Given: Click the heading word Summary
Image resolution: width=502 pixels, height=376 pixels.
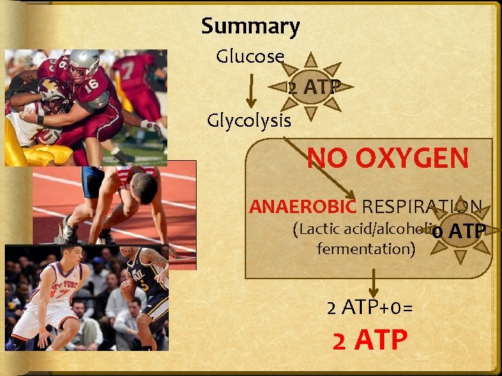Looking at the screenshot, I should tap(250, 26).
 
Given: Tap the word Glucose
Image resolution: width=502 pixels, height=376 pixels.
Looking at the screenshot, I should tap(250, 56).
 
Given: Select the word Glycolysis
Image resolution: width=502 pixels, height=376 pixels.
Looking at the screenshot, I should tap(249, 120).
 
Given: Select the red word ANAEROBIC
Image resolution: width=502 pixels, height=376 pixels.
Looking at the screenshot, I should tap(303, 207).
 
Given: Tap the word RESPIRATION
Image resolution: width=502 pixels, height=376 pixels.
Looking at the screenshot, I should tap(422, 207).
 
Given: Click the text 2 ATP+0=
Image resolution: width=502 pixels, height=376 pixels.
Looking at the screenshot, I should tap(370, 307).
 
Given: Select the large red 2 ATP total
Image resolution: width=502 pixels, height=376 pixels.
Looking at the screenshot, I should tap(370, 340).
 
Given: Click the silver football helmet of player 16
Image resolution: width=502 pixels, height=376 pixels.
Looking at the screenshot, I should tap(84, 62).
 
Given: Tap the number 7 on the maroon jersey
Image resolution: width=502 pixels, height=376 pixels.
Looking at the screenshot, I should tap(126, 70).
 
